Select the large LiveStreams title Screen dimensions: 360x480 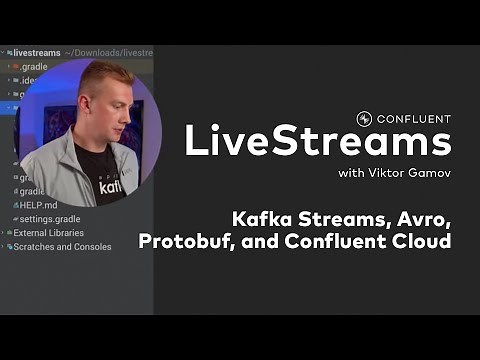[x=317, y=143]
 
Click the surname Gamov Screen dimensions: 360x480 [x=427, y=175]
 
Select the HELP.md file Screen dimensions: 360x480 [x=41, y=204]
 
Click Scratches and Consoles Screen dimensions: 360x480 [x=62, y=247]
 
